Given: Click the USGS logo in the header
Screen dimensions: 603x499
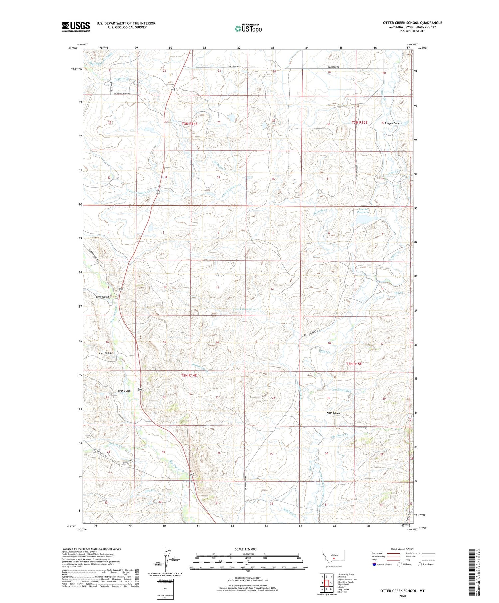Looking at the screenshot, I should [76, 27].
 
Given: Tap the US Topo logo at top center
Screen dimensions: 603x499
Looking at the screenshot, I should [248, 29].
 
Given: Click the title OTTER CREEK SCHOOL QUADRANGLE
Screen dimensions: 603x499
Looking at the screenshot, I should [413, 23].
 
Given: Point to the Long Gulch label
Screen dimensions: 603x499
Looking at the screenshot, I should [102, 297].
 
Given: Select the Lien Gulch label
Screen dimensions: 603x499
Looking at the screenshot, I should [105, 353].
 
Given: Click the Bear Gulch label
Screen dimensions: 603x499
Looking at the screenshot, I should [124, 391].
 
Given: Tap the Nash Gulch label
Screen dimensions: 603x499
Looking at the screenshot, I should [333, 413].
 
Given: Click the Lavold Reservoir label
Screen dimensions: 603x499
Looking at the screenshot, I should [363, 211].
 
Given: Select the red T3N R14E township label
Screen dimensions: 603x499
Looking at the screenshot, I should [190, 124].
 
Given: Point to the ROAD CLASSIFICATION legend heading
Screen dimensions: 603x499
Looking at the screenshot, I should [403, 549].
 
